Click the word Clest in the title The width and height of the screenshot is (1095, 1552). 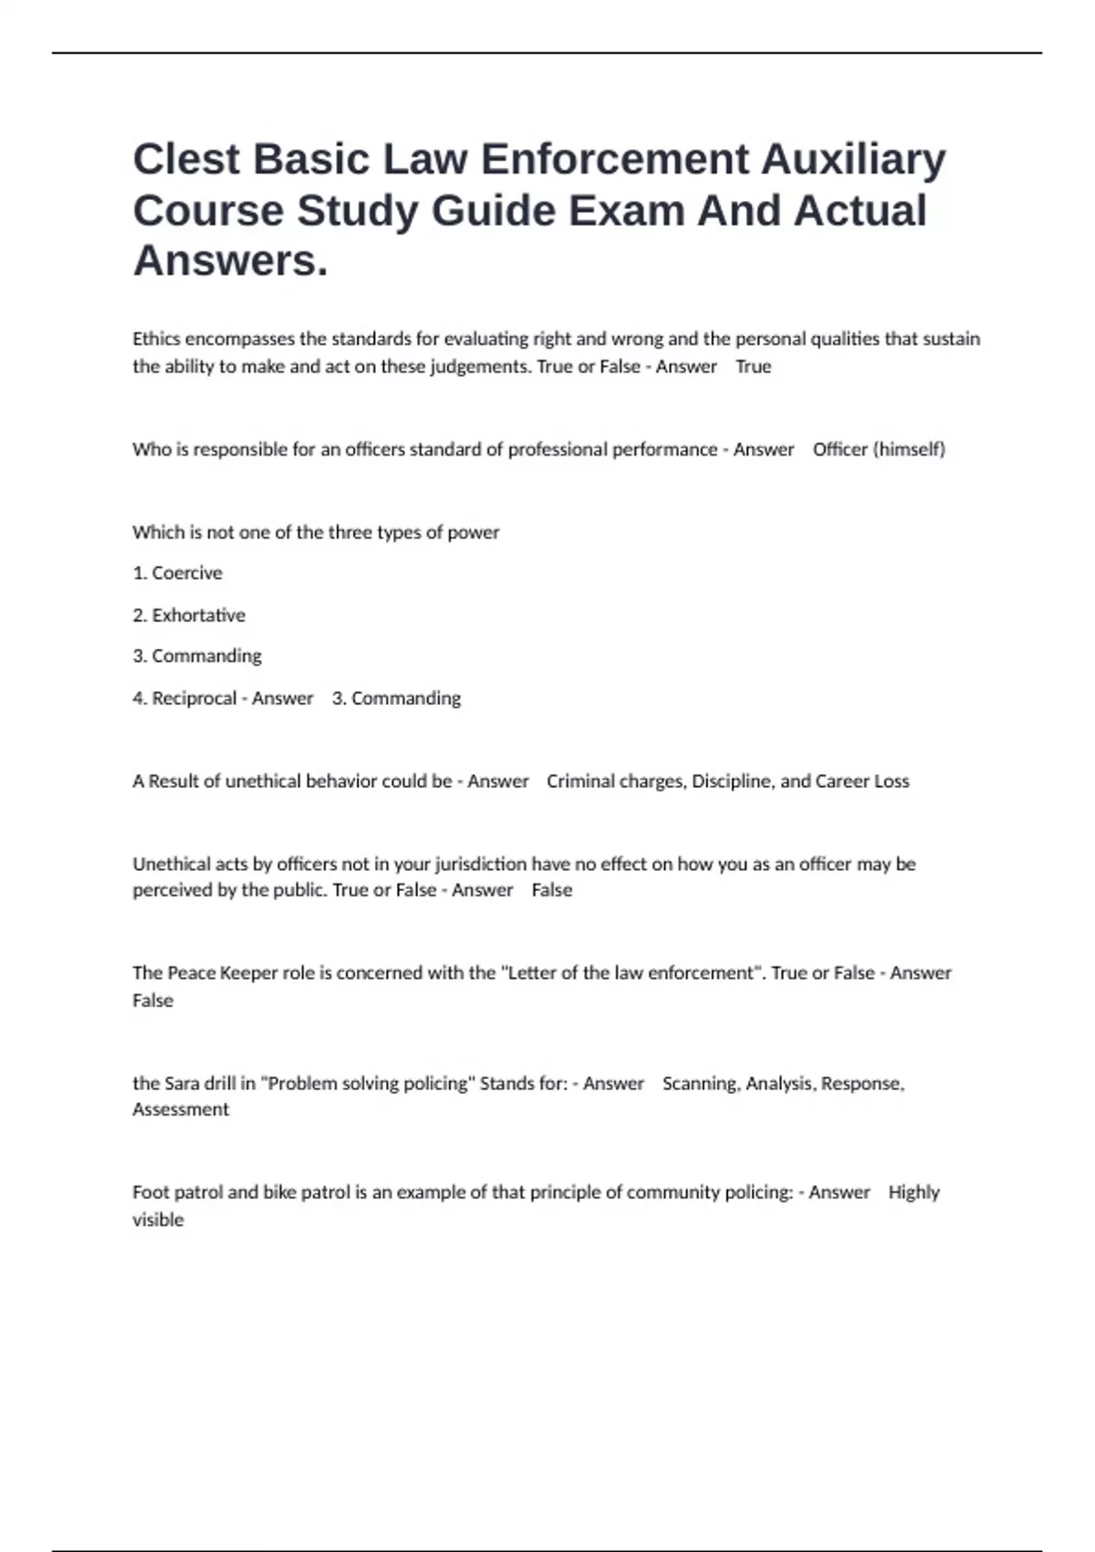coord(187,160)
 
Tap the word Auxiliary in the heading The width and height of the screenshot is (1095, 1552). coord(853,160)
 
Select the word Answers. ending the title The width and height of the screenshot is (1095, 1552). coord(230,261)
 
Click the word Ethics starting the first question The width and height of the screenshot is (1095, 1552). coord(156,339)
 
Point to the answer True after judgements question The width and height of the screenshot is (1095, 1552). coord(753,367)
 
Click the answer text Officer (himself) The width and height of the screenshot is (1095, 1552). coord(879,449)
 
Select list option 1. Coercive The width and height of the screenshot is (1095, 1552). coord(177,573)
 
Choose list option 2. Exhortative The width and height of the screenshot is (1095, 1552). coord(189,615)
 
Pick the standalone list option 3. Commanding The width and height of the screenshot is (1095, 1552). coord(197,656)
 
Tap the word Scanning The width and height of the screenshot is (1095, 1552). coord(700,1084)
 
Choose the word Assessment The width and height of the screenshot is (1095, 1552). coord(181,1110)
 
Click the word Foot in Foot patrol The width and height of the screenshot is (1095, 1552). coord(151,1192)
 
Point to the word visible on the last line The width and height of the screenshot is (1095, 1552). coord(158,1220)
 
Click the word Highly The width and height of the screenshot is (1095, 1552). coord(913,1192)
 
